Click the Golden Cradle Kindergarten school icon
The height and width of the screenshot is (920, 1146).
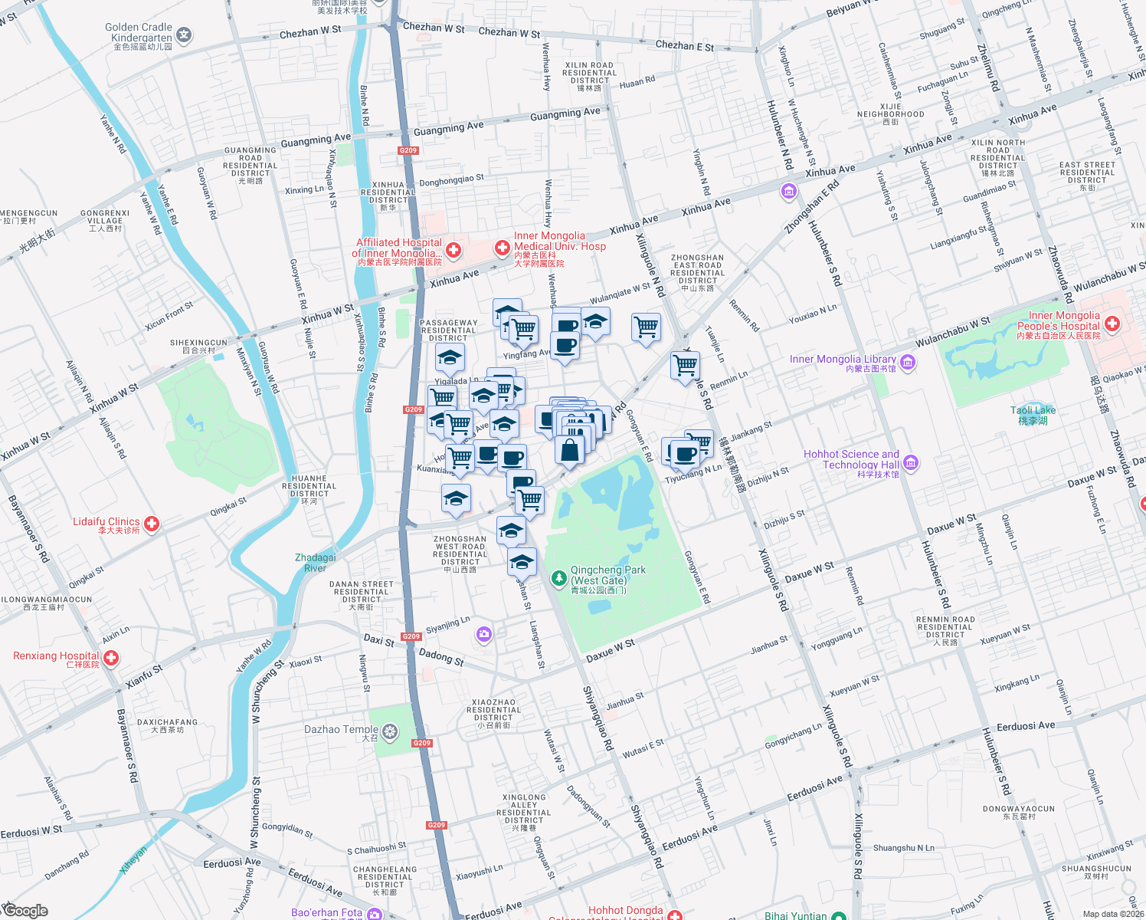[184, 34]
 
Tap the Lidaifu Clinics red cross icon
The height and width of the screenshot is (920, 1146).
[152, 524]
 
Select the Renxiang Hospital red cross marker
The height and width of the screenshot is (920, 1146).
[111, 658]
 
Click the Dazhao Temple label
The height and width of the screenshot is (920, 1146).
[342, 729]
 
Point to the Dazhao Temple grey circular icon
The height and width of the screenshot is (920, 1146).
[390, 732]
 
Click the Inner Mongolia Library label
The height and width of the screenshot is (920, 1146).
[843, 359]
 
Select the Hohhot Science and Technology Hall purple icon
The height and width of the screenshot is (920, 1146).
[911, 462]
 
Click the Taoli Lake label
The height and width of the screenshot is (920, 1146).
[1033, 410]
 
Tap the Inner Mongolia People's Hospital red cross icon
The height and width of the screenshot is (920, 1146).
[1112, 324]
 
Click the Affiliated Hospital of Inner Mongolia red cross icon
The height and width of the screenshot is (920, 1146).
[453, 250]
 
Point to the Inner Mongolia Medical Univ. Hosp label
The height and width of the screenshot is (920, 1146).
[559, 241]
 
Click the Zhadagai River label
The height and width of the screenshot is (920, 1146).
[316, 563]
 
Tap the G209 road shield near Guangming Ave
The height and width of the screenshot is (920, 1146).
[408, 150]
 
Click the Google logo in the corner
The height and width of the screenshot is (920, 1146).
[25, 910]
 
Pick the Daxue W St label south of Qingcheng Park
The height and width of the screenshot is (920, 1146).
[611, 651]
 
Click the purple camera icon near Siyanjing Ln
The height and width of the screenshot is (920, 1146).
[483, 634]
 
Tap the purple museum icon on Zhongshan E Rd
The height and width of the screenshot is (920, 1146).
[789, 191]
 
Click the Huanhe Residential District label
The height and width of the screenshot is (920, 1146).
[309, 486]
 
